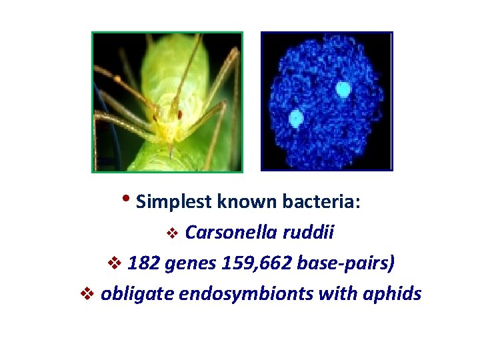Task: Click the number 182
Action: pyautogui.click(x=141, y=263)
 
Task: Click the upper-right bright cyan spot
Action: pyautogui.click(x=343, y=89)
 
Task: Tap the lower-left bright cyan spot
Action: pyautogui.click(x=295, y=119)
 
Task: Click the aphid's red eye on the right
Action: pyautogui.click(x=180, y=115)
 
